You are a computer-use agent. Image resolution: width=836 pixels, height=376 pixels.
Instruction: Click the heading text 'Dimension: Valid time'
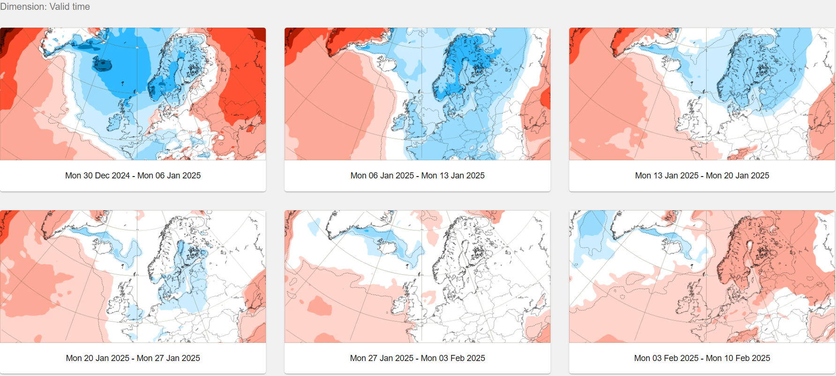pyautogui.click(x=45, y=7)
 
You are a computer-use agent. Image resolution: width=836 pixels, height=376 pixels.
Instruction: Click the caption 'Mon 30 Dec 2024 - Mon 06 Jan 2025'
pyautogui.click(x=133, y=176)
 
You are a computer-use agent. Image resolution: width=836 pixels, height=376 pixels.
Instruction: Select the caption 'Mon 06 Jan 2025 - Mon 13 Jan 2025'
pyautogui.click(x=417, y=176)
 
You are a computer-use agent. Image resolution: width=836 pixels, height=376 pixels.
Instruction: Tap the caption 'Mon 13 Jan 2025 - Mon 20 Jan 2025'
pyautogui.click(x=702, y=176)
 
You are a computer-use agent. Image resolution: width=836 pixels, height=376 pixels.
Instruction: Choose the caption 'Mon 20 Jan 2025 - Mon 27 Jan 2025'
pyautogui.click(x=133, y=358)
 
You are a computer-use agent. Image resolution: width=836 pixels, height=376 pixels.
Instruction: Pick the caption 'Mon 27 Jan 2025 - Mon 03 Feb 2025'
pyautogui.click(x=417, y=358)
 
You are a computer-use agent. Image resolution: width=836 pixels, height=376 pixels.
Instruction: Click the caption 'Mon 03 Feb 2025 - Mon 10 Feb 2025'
pyautogui.click(x=702, y=358)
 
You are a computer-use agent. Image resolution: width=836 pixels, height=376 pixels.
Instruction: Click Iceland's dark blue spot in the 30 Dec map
pyautogui.click(x=103, y=64)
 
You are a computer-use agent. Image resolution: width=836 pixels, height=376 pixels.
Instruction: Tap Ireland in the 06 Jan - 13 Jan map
pyautogui.click(x=399, y=123)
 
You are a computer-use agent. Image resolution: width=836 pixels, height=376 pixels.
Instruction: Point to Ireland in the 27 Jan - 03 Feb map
pyautogui.click(x=399, y=305)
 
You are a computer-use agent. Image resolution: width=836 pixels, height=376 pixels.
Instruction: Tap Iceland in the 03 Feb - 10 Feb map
pyautogui.click(x=671, y=246)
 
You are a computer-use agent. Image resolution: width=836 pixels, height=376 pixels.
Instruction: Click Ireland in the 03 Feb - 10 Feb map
pyautogui.click(x=684, y=306)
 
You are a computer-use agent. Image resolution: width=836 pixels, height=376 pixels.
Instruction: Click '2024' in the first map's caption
pyautogui.click(x=121, y=176)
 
